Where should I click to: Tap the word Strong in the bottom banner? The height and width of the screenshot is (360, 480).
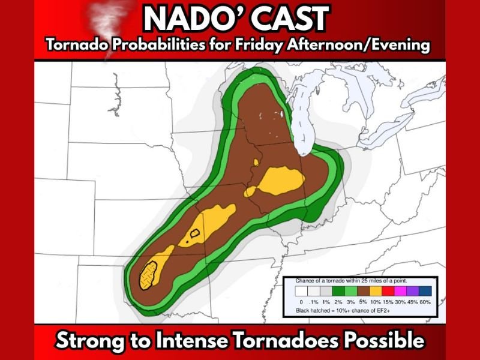coord(90,340)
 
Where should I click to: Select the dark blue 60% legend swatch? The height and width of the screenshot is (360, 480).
coord(425,292)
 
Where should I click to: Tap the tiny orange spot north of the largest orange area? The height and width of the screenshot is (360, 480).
coord(256,163)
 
